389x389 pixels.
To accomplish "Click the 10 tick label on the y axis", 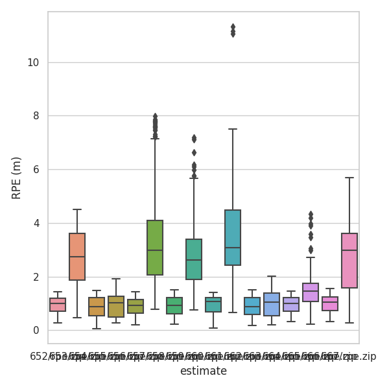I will [x=34, y=63].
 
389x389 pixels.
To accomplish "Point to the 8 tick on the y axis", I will [x=36, y=116].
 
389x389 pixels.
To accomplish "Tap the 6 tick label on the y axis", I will [x=36, y=170].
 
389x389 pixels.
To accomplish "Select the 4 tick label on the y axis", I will [x=36, y=224].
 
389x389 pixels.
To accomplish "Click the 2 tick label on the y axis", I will [x=36, y=277].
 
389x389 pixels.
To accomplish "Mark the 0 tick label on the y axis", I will [x=36, y=331].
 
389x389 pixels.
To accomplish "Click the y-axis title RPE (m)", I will [x=17, y=178].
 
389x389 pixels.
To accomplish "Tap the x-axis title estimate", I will [x=204, y=371].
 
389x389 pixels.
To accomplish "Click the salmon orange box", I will [x=77, y=257].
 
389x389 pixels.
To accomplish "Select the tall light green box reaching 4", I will [x=155, y=248].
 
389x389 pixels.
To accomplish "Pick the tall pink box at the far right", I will [x=349, y=261].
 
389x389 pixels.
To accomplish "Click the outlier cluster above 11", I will [x=233, y=30].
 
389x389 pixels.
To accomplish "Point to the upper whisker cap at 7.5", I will [x=233, y=129].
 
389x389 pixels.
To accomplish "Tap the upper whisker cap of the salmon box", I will [x=77, y=209].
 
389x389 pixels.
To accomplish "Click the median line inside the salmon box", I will [x=77, y=257].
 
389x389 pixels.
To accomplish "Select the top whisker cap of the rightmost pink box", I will [x=349, y=178].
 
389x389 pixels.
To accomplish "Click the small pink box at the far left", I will [x=58, y=305].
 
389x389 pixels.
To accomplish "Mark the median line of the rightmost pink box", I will [x=349, y=250].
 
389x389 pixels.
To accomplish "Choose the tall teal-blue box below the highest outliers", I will [x=233, y=237].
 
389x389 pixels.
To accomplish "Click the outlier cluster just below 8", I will [x=155, y=125].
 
